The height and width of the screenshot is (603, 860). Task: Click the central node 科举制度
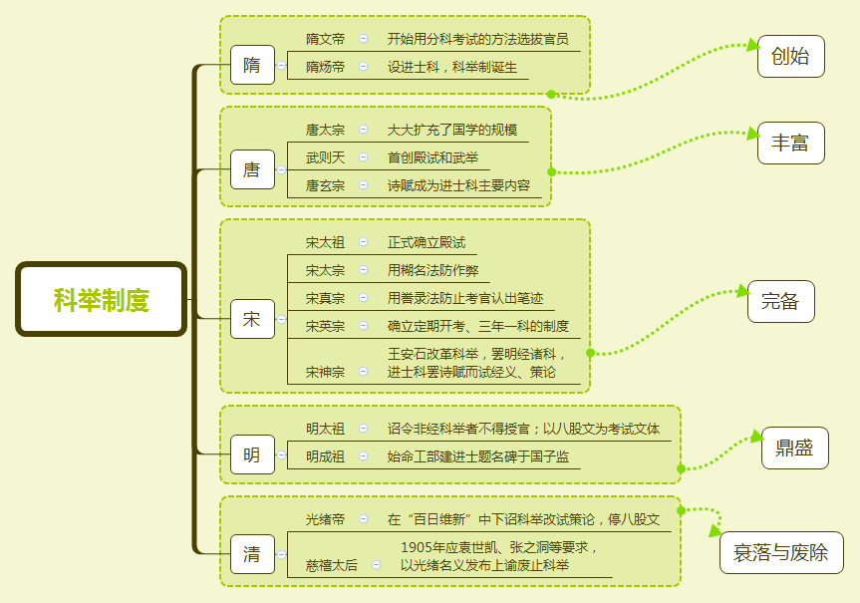[101, 299]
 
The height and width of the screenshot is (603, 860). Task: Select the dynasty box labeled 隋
[251, 66]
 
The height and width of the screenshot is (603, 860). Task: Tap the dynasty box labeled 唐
[251, 169]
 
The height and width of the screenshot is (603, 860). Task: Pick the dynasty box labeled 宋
[251, 320]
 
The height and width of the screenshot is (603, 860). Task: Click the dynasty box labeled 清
[251, 554]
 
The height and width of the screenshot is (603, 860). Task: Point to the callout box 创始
[790, 57]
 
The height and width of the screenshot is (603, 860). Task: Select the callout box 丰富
[790, 144]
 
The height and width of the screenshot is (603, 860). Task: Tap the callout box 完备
[780, 302]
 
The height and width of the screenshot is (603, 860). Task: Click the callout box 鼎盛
[794, 449]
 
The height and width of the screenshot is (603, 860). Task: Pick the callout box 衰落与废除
[780, 553]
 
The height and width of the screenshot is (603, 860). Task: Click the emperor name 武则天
[325, 157]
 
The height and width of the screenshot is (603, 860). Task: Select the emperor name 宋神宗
[325, 372]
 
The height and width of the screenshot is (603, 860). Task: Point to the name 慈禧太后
[331, 565]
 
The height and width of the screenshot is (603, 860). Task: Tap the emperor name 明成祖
[325, 456]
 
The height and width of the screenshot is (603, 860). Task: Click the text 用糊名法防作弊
[432, 270]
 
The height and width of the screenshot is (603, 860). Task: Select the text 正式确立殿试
[426, 242]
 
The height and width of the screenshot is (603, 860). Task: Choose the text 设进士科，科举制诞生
[452, 67]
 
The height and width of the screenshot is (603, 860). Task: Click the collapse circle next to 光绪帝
[363, 519]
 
